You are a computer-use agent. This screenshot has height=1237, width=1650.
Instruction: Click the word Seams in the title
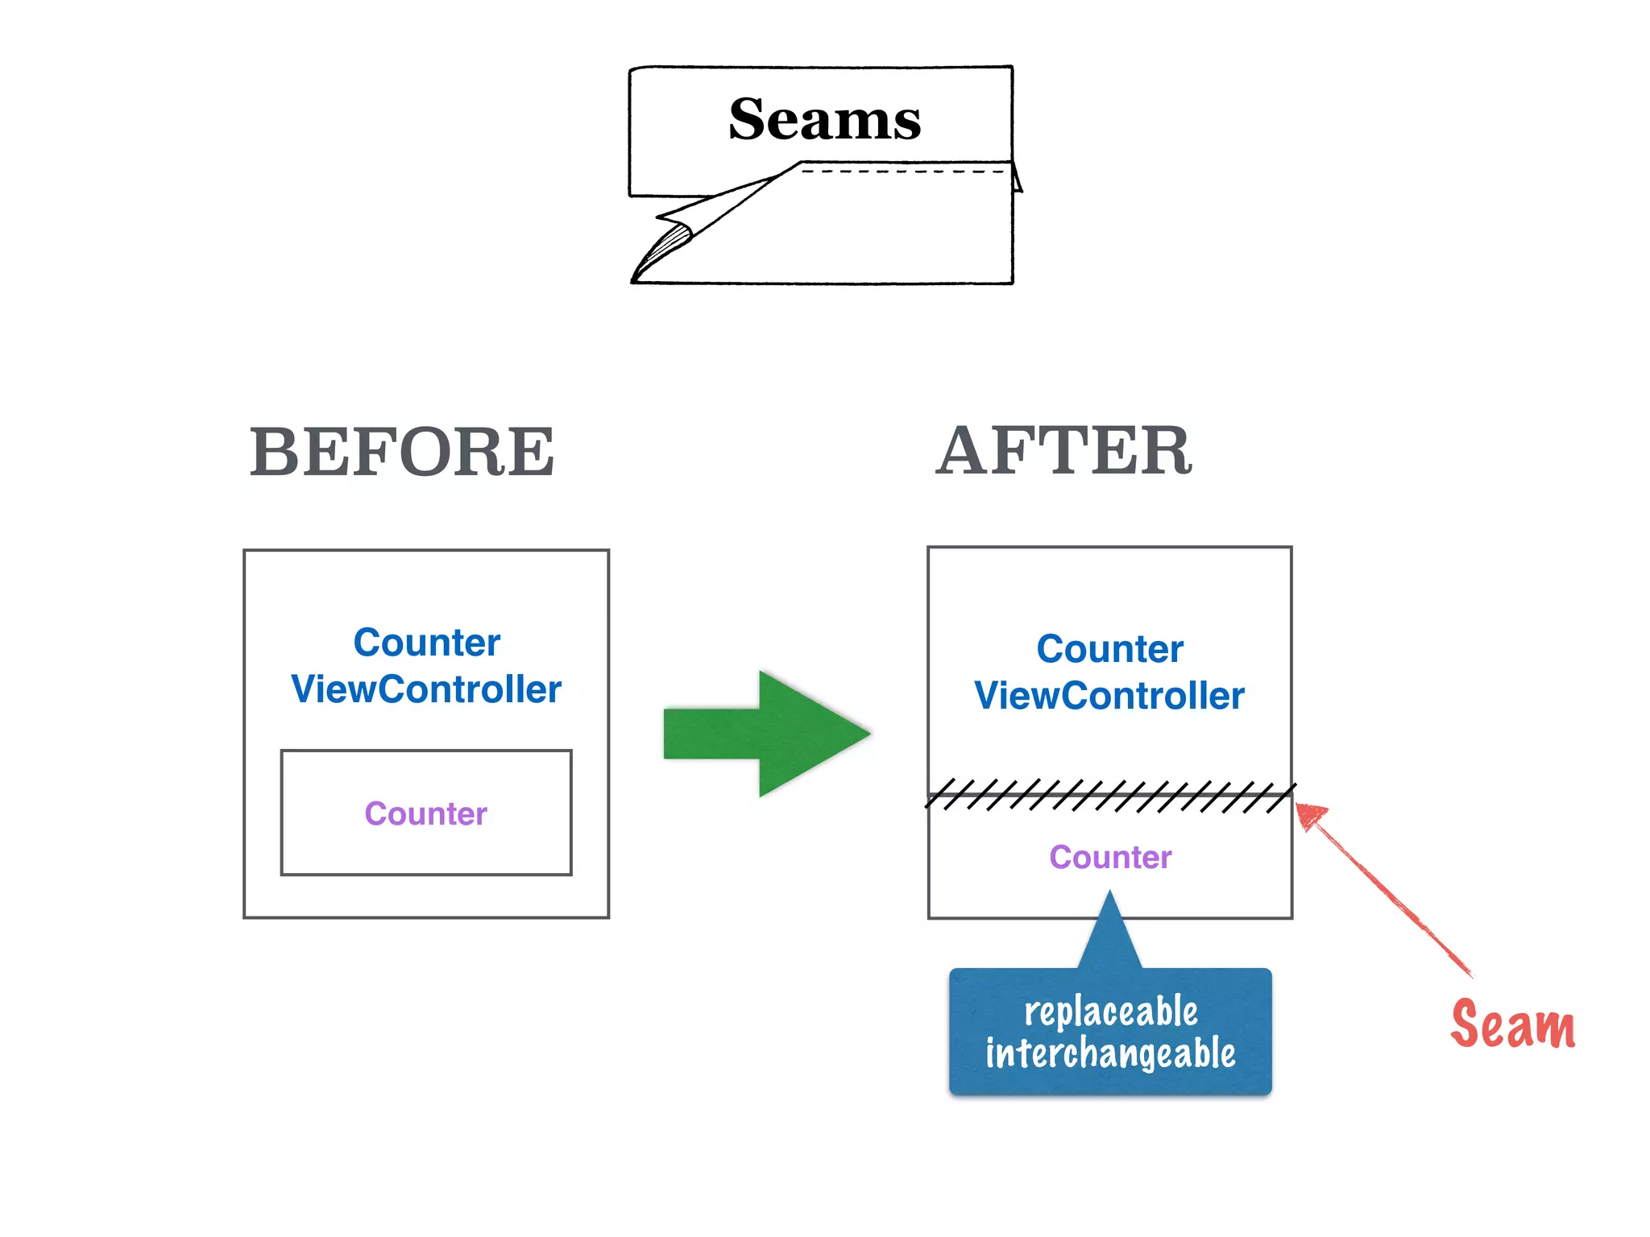coord(824,119)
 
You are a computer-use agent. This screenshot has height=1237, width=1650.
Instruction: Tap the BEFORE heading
coord(402,453)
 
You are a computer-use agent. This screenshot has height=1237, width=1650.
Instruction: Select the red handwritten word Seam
coord(1512,1024)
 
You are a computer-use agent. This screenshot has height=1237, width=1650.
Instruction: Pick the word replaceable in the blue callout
coord(1110,1012)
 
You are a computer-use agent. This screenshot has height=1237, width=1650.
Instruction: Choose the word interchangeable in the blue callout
coord(1110,1053)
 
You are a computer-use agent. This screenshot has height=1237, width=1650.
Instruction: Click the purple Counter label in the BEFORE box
coord(425,813)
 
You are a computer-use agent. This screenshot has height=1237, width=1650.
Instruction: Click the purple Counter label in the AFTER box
coord(1110,857)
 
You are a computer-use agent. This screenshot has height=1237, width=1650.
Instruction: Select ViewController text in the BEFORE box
coord(425,689)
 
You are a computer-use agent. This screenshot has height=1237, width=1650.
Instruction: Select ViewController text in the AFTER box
coord(1109,696)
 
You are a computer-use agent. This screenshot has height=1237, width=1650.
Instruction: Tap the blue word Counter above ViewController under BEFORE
coord(426,643)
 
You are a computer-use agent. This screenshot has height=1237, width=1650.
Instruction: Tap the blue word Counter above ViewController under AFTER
coord(1109,649)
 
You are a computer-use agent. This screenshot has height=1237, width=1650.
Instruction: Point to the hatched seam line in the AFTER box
coord(1109,796)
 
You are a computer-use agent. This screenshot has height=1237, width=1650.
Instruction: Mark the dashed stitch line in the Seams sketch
coord(902,171)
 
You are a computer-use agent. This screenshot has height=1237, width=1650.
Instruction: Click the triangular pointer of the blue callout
coord(1110,934)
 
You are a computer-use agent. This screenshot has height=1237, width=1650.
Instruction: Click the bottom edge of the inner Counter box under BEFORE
coord(425,874)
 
